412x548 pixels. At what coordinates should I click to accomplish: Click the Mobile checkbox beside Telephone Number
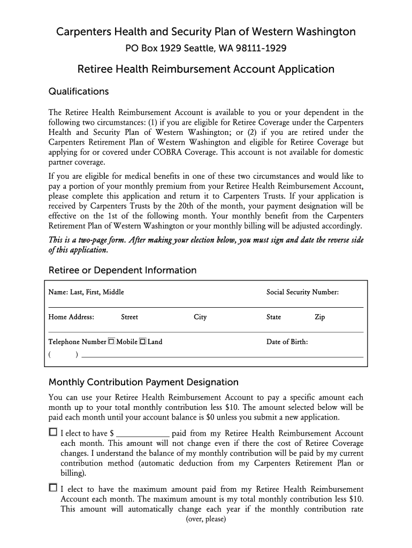pyautogui.click(x=111, y=341)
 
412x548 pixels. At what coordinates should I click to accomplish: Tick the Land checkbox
pyautogui.click(x=143, y=341)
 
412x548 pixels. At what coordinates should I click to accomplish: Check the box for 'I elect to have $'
pyautogui.click(x=52, y=432)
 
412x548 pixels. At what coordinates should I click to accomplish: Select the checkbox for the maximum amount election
pyautogui.click(x=52, y=488)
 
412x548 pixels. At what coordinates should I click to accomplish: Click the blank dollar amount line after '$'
pyautogui.click(x=143, y=434)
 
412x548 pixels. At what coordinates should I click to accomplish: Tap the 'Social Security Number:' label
pyautogui.click(x=302, y=292)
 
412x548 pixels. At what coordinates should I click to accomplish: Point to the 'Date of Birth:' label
pyautogui.click(x=287, y=342)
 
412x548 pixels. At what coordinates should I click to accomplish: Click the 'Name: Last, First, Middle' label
pyautogui.click(x=86, y=292)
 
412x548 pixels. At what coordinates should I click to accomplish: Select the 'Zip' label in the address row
pyautogui.click(x=319, y=317)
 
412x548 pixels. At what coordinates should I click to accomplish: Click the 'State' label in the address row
pyautogui.click(x=273, y=317)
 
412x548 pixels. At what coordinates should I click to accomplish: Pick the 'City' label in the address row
pyautogui.click(x=200, y=317)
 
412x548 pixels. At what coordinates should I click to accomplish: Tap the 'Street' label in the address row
pyautogui.click(x=129, y=317)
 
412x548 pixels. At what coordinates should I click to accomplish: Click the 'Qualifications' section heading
pyautogui.click(x=79, y=92)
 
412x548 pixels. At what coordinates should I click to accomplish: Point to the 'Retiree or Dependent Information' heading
pyautogui.click(x=123, y=270)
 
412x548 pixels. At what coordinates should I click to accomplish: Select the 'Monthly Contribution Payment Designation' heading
pyautogui.click(x=143, y=382)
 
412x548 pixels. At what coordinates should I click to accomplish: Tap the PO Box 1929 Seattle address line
pyautogui.click(x=206, y=49)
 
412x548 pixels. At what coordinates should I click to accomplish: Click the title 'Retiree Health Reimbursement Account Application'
pyautogui.click(x=206, y=69)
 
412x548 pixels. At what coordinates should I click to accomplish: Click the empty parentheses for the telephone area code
pyautogui.click(x=63, y=355)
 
